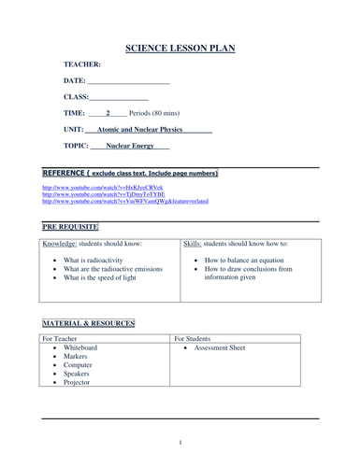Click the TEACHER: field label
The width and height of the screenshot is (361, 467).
click(82, 64)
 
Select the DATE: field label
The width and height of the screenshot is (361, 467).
click(75, 80)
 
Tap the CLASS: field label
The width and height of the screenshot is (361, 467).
click(76, 96)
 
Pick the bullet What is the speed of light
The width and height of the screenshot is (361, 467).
click(102, 278)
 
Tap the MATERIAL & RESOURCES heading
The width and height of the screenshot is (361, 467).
click(88, 323)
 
